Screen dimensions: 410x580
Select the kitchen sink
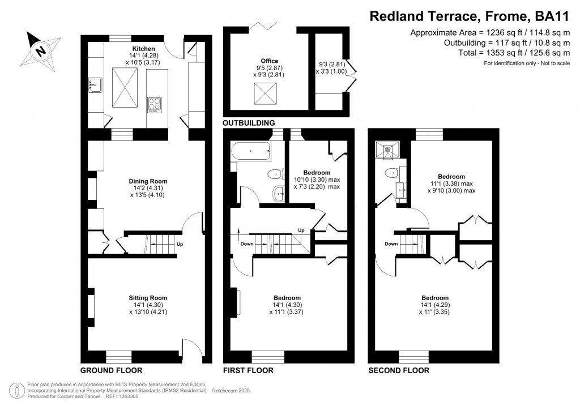pyautogui.click(x=94, y=86)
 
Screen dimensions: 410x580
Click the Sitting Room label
pyautogui.click(x=148, y=297)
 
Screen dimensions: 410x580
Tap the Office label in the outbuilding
pyautogui.click(x=269, y=61)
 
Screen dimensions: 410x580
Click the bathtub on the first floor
pyautogui.click(x=250, y=151)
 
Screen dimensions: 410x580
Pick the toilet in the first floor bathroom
pyautogui.click(x=275, y=174)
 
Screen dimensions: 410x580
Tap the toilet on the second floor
pyautogui.click(x=390, y=172)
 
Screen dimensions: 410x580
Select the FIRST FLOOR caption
pyautogui.click(x=248, y=370)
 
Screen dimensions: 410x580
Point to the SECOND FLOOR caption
pyautogui.click(x=399, y=370)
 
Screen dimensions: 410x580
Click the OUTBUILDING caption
pyautogui.click(x=249, y=122)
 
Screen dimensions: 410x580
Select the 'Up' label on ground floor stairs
pyautogui.click(x=180, y=245)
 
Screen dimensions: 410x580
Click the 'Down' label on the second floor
pyautogui.click(x=391, y=245)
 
